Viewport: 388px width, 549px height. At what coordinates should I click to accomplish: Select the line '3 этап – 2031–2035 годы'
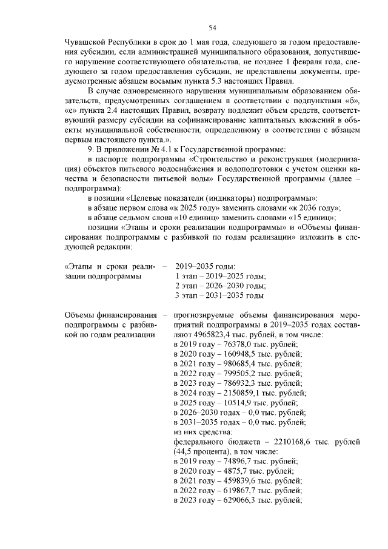click(219, 295)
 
